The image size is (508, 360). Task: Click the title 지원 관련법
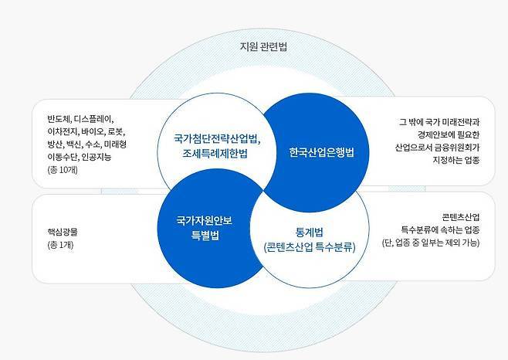[x=263, y=46]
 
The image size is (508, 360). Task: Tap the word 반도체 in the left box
[x=58, y=119]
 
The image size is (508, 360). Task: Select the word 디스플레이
[x=93, y=119]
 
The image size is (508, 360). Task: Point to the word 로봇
[x=116, y=131]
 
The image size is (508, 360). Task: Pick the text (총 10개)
[x=63, y=170]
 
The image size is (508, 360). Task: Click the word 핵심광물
[x=63, y=232]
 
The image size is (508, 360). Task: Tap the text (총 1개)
[x=60, y=245]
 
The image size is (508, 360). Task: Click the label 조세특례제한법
[x=215, y=153]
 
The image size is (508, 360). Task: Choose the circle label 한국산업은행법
[x=321, y=152]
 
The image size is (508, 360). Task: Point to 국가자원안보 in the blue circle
[x=204, y=221]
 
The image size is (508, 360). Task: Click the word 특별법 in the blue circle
[x=205, y=235]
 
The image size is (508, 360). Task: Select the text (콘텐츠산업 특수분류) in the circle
[x=310, y=247]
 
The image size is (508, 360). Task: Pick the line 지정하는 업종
[x=456, y=160]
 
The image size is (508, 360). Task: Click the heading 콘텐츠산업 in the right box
[x=461, y=217]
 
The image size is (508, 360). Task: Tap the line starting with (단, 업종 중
[x=431, y=243]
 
